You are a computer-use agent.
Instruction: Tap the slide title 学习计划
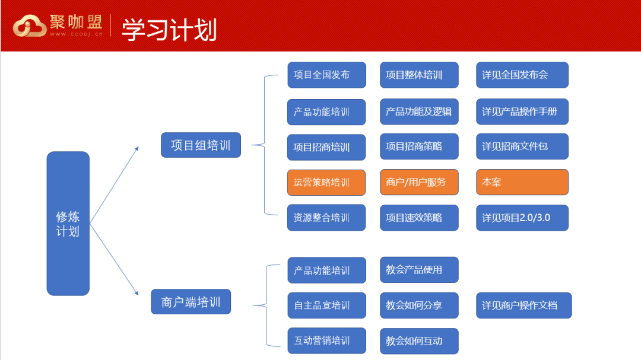pyautogui.click(x=169, y=30)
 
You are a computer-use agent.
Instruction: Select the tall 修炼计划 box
pyautogui.click(x=68, y=223)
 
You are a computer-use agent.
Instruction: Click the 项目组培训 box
pyautogui.click(x=201, y=145)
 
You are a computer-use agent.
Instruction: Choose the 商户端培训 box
pyautogui.click(x=191, y=301)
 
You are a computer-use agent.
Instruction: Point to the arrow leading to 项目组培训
pyautogui.click(x=114, y=184)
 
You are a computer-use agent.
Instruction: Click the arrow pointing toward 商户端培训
pyautogui.click(x=114, y=260)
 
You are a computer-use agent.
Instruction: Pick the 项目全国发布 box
pyautogui.click(x=326, y=75)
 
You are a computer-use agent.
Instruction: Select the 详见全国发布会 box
pyautogui.click(x=522, y=75)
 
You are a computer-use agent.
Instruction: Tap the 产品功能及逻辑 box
pyautogui.click(x=419, y=111)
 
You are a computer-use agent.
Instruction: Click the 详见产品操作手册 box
pyautogui.click(x=522, y=111)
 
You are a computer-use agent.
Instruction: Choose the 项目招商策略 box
pyautogui.click(x=419, y=146)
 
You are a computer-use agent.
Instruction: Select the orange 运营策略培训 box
pyautogui.click(x=326, y=182)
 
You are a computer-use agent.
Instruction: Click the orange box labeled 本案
pyautogui.click(x=522, y=182)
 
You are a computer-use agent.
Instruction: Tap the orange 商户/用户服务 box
pyautogui.click(x=419, y=182)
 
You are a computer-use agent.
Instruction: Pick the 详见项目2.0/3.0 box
pyautogui.click(x=522, y=218)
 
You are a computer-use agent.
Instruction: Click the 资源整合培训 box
pyautogui.click(x=326, y=218)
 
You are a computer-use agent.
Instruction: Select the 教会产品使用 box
pyautogui.click(x=419, y=270)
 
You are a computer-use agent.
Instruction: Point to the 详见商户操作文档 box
pyautogui.click(x=523, y=305)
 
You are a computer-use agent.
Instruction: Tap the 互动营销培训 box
pyautogui.click(x=326, y=340)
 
